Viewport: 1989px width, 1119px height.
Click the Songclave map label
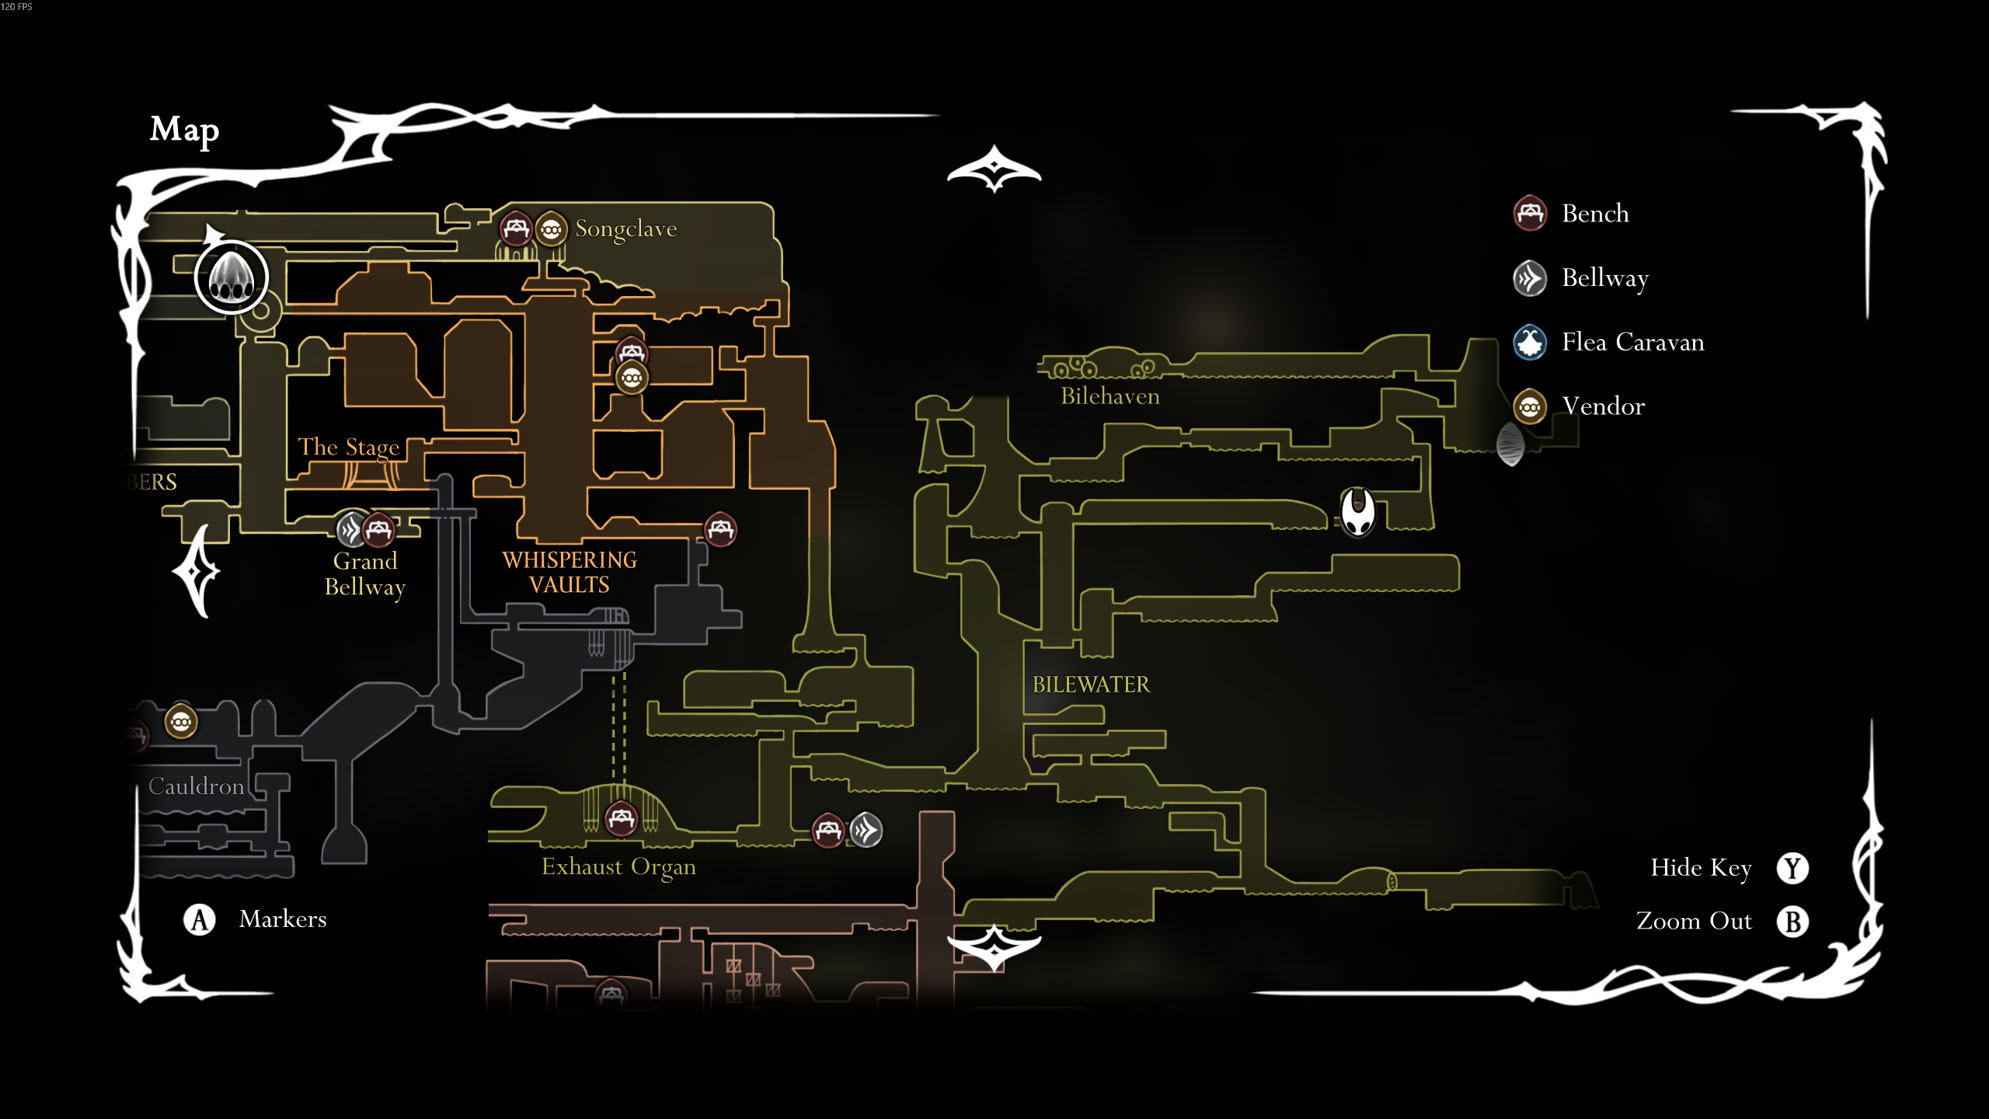point(625,229)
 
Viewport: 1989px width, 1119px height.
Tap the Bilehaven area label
point(1109,396)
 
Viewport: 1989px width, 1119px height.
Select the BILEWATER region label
point(1090,685)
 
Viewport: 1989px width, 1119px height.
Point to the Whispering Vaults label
point(570,572)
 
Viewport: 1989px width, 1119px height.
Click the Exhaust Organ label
point(618,867)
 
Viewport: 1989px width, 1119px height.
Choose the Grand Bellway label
point(364,573)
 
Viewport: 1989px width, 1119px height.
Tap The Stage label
point(349,448)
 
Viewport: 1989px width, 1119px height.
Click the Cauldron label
point(196,786)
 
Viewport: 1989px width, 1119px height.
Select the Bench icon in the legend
point(1529,213)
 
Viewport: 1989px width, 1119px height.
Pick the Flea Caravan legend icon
point(1529,342)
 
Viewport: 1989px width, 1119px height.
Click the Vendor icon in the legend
point(1529,406)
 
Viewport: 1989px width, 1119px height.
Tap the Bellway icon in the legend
point(1529,277)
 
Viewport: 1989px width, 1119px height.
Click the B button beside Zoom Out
point(1792,922)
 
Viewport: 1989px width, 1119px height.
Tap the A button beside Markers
point(200,919)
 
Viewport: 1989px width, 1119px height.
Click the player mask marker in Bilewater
point(1357,513)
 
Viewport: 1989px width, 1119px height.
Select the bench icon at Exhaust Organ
point(621,818)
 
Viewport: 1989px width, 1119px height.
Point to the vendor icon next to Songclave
point(551,229)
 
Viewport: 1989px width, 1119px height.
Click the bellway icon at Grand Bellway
point(351,530)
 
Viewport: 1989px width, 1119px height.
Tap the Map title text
point(184,131)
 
